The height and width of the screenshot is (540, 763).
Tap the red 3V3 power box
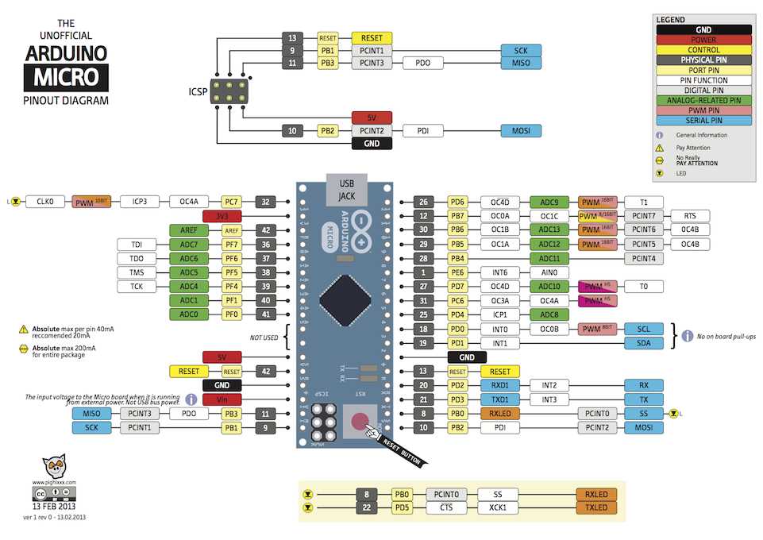[222, 216]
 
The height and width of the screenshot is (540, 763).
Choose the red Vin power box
[222, 399]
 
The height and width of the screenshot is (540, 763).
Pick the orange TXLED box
[596, 507]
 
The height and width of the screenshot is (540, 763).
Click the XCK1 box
[498, 507]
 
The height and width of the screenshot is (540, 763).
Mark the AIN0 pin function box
[549, 272]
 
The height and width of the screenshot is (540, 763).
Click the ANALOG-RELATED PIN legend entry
[703, 101]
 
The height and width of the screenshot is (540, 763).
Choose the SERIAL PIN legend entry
[703, 121]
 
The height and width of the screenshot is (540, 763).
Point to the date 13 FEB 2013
[55, 506]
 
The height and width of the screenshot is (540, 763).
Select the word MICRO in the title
[66, 78]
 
